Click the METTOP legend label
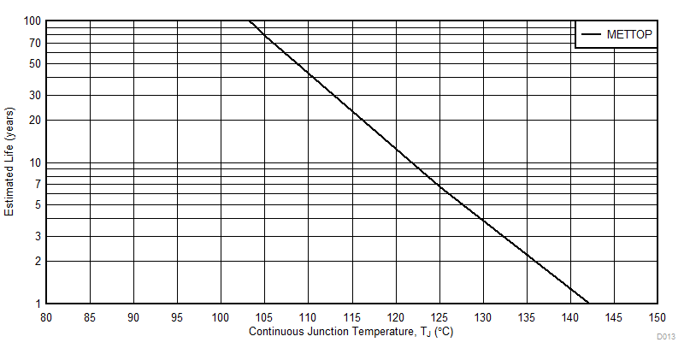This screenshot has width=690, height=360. click(629, 35)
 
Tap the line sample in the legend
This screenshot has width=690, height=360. click(591, 35)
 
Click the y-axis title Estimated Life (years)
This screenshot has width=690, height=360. click(9, 162)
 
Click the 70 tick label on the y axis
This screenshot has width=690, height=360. click(35, 43)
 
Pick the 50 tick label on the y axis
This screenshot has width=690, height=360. click(35, 63)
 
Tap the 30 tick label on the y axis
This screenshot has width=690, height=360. click(35, 95)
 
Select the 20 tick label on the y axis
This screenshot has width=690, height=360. click(35, 120)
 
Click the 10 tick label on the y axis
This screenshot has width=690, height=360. click(35, 162)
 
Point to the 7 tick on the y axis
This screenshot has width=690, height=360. click(38, 184)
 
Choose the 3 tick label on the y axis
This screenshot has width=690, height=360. click(38, 236)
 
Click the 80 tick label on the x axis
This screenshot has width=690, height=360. click(46, 316)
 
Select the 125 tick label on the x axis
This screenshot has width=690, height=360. click(439, 316)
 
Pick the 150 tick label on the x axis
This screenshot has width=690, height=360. click(658, 316)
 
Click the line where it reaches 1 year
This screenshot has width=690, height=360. click(589, 303)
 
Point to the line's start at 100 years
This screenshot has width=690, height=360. click(250, 21)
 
